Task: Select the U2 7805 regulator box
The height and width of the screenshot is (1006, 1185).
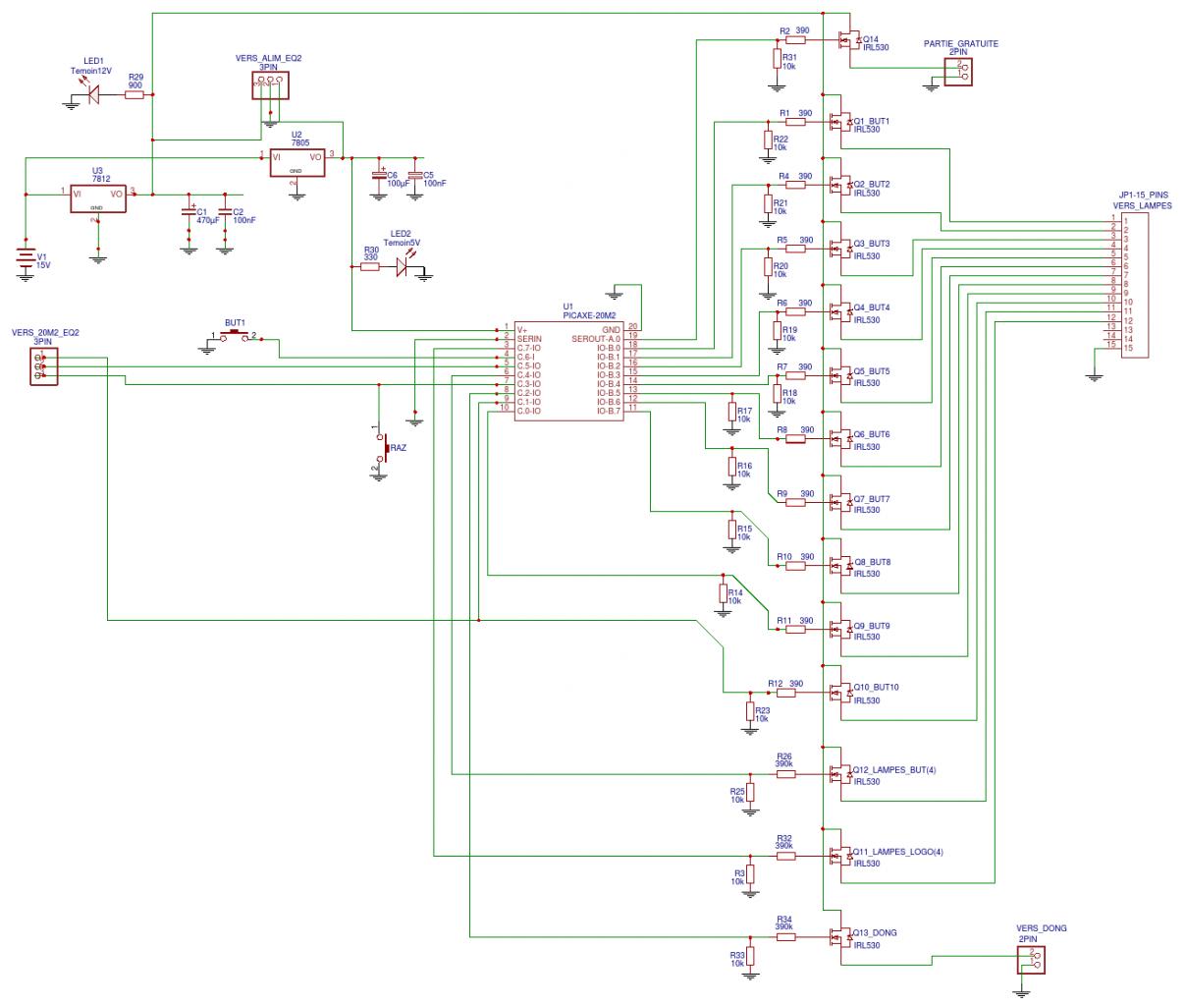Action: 296,162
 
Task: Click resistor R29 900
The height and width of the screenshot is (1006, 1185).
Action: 135,94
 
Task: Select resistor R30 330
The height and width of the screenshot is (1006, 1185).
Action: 369,265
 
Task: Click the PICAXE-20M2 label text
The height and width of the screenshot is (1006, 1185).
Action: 589,314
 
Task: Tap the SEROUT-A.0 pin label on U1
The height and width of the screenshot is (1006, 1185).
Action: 597,338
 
